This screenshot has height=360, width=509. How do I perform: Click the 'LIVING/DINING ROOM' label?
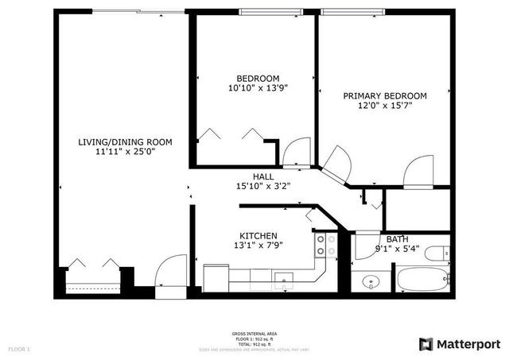[x=125, y=142]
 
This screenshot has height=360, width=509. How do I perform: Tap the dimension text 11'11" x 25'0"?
[x=125, y=153]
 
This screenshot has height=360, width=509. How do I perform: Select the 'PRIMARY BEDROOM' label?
[x=384, y=95]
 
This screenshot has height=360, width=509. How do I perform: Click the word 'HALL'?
[x=263, y=176]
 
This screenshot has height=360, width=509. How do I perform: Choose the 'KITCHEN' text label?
[x=258, y=236]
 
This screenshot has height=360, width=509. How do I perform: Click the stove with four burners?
[x=326, y=245]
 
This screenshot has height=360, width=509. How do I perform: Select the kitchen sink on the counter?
[x=285, y=278]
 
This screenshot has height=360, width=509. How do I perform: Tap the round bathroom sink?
[x=370, y=281]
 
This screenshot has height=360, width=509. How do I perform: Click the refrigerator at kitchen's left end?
[x=215, y=277]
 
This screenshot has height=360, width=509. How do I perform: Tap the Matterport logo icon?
[x=427, y=343]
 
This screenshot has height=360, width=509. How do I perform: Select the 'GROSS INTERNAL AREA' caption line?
[x=254, y=333]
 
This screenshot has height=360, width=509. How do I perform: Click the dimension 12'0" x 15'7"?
[x=384, y=106]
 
